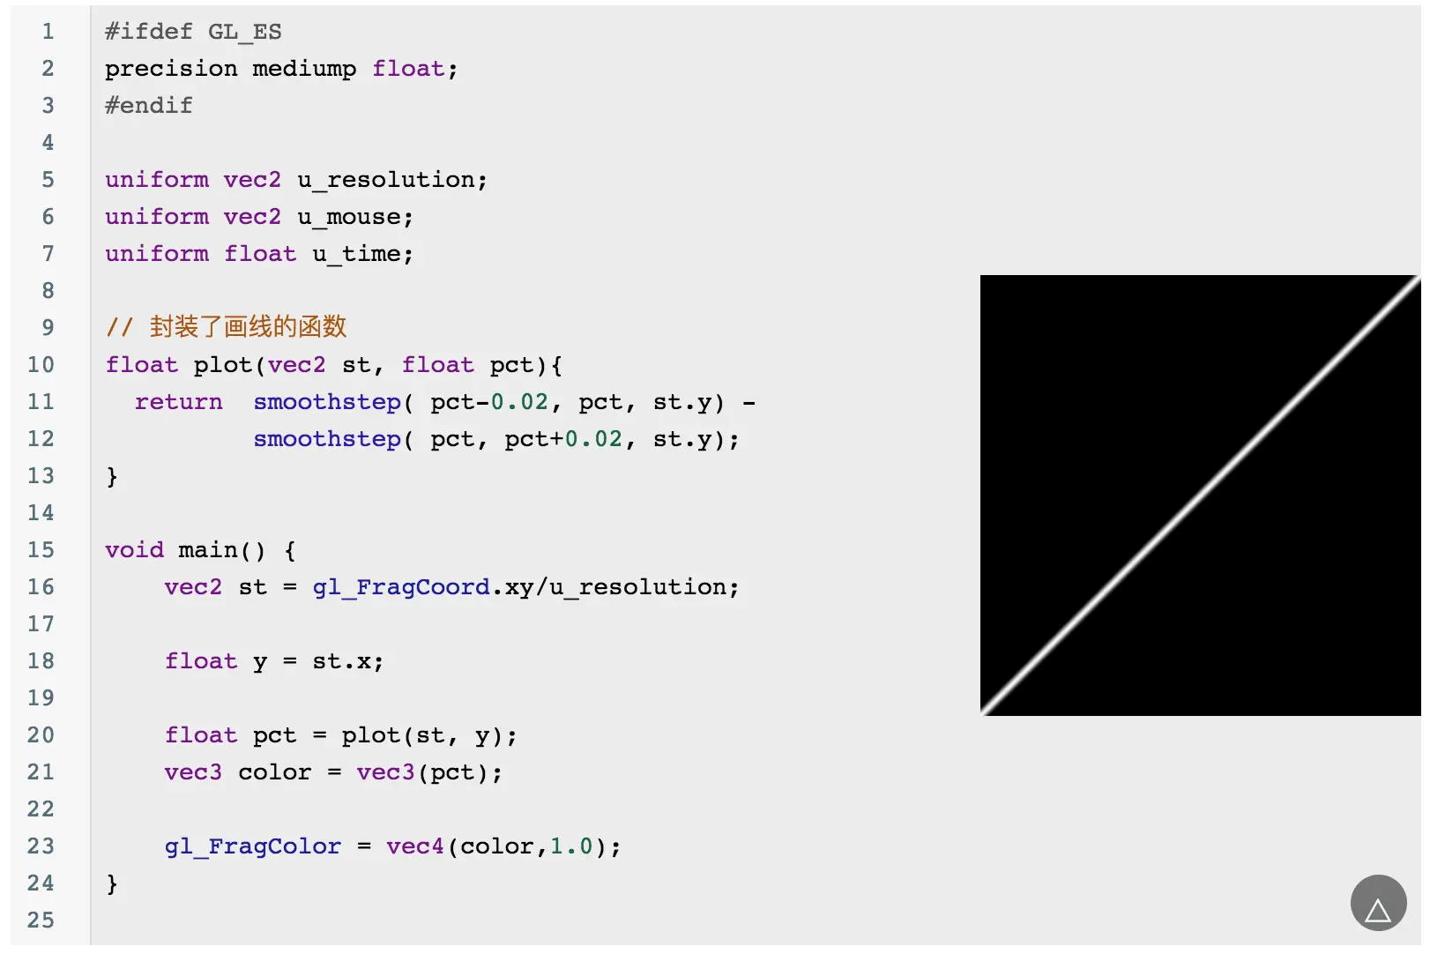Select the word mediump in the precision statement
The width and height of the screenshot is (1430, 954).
click(x=304, y=69)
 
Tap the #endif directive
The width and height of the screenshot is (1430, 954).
click(x=148, y=106)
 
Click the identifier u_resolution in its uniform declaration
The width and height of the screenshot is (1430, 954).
click(x=391, y=180)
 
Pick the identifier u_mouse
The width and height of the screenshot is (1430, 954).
click(x=354, y=217)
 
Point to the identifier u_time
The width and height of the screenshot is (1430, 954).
click(x=361, y=254)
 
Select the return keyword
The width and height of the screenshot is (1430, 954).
click(x=178, y=402)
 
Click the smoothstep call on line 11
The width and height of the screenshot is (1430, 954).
click(x=327, y=402)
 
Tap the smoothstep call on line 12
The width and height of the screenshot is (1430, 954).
click(x=327, y=439)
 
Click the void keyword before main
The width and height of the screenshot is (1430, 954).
click(x=134, y=550)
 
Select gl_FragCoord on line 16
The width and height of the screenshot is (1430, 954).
click(x=401, y=587)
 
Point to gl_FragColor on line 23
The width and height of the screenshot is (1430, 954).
click(x=252, y=846)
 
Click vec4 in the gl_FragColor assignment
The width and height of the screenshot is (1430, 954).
click(x=415, y=846)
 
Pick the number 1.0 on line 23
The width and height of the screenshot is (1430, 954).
click(x=571, y=846)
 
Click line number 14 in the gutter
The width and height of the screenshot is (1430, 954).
click(x=41, y=513)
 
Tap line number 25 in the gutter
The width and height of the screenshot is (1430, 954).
click(x=41, y=920)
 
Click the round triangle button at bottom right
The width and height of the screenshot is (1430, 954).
click(x=1378, y=903)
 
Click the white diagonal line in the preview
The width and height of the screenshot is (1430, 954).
click(x=1201, y=496)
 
